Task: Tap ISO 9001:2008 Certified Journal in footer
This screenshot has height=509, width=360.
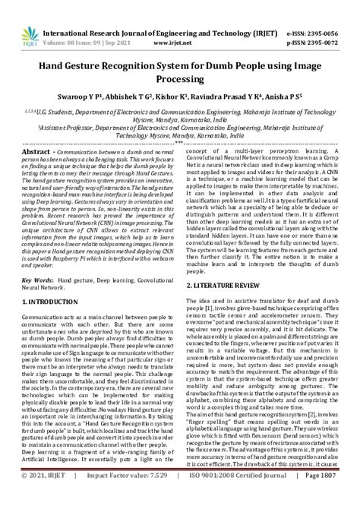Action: coord(240,497)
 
